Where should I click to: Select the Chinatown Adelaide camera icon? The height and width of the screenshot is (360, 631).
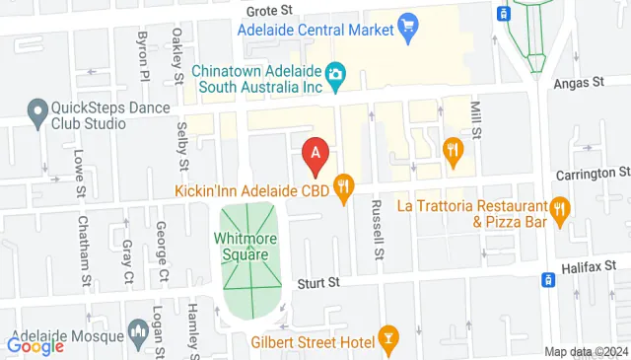(335, 74)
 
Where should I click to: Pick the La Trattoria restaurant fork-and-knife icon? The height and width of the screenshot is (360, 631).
(560, 208)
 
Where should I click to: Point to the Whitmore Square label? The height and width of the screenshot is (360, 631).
(242, 247)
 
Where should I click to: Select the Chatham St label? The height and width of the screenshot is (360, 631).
(86, 251)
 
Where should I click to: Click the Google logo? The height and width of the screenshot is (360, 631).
(35, 346)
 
